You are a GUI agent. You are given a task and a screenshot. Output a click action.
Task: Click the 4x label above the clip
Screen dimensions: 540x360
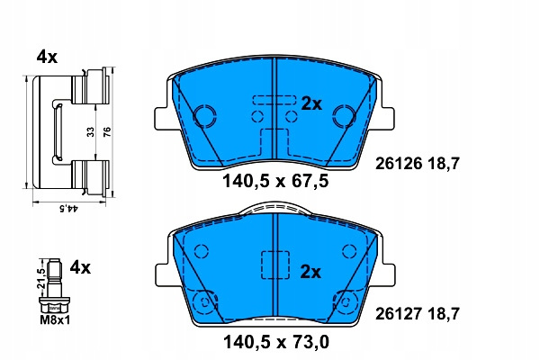[47, 57]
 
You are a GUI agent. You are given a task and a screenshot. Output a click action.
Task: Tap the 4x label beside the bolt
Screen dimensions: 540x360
[80, 267]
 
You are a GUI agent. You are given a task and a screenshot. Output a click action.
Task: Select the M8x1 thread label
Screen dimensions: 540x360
[55, 320]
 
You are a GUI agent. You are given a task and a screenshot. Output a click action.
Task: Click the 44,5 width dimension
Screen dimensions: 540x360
[69, 208]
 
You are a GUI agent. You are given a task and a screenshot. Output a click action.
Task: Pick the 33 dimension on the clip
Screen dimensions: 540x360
[90, 132]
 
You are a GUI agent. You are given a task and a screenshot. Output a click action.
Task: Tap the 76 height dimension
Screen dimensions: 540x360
[107, 132]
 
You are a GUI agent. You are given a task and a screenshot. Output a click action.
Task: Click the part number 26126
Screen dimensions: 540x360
[399, 163]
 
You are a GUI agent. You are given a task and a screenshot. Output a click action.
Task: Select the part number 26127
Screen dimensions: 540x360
[399, 313]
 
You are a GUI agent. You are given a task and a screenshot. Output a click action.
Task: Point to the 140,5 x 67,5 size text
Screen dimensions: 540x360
[276, 181]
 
